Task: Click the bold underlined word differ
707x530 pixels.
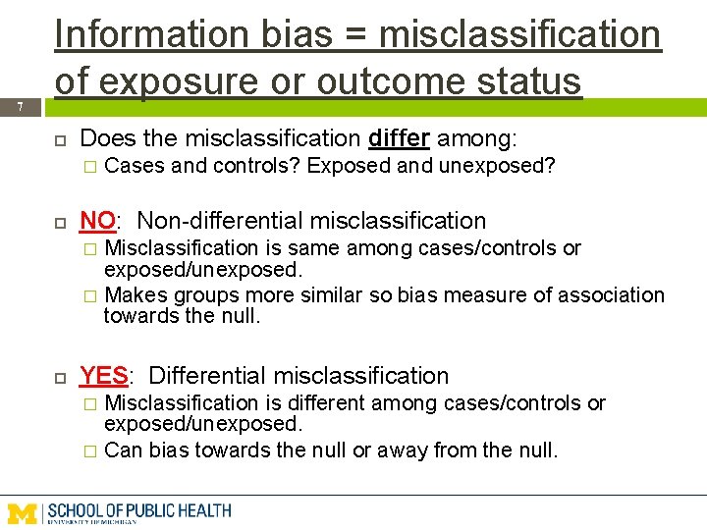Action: (x=399, y=139)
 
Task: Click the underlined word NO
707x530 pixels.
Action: (x=97, y=221)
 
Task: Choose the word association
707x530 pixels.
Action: (x=607, y=294)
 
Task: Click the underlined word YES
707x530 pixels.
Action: (x=103, y=376)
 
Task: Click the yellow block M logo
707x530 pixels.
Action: (x=23, y=511)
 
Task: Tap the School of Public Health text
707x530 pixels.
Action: (x=138, y=510)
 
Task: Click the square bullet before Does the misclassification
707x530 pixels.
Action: (x=60, y=139)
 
